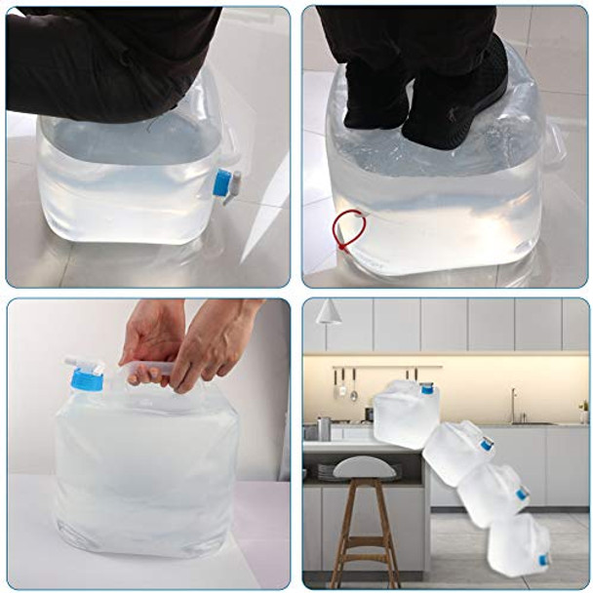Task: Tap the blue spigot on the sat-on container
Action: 222,181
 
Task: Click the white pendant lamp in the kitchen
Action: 329,312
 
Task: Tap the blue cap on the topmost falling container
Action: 426,388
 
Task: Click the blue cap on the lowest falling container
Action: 543,560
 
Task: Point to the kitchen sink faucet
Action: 513,404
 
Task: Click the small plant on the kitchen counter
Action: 583,410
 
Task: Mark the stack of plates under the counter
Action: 326,471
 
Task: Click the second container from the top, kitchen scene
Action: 458,450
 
